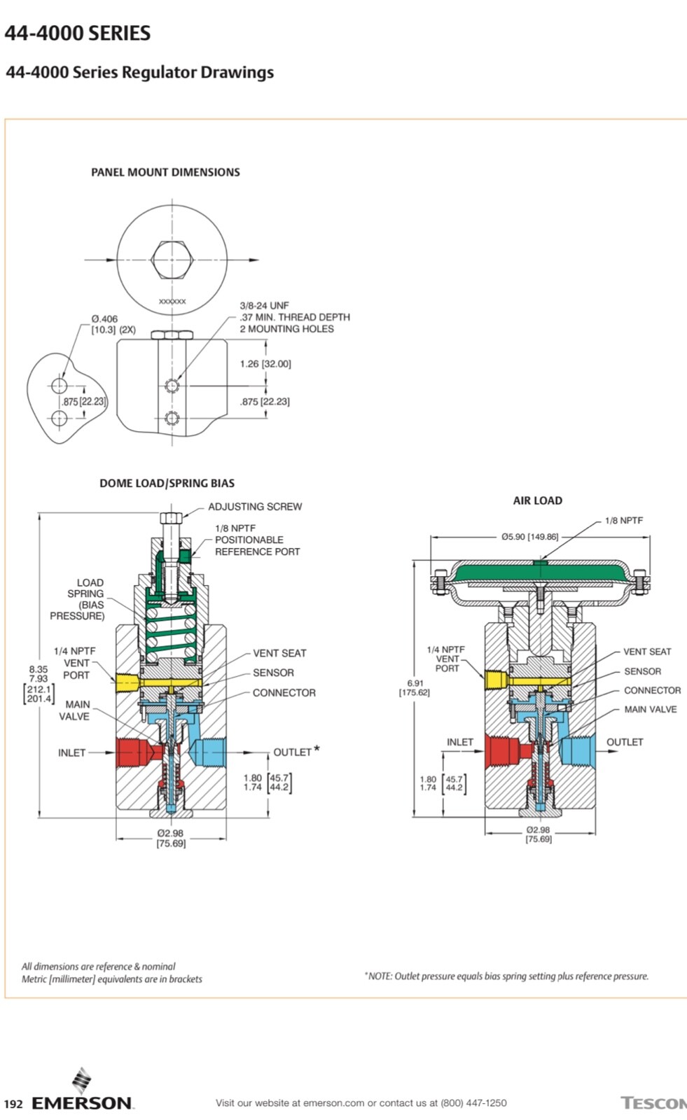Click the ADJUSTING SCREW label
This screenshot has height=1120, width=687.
255,506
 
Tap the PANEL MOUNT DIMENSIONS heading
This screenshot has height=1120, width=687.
165,172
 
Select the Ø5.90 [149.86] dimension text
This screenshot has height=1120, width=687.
529,537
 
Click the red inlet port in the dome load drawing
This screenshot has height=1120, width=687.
131,752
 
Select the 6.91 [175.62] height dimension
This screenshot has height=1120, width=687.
415,687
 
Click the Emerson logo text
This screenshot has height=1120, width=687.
82,1103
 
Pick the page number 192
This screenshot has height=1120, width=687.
13,1104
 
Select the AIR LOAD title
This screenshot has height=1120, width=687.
537,500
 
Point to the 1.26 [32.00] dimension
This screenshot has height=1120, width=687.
265,364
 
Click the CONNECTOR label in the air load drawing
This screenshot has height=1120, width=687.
652,690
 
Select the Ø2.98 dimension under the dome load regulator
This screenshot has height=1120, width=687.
170,838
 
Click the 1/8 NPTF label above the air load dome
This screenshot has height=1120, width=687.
623,521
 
